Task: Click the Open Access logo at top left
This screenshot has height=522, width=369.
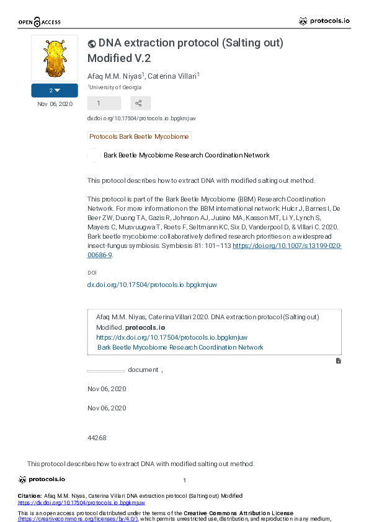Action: pyautogui.click(x=39, y=22)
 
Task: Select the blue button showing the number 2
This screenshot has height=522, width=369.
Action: pyautogui.click(x=55, y=91)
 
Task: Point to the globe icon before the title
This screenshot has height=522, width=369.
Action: pyautogui.click(x=92, y=43)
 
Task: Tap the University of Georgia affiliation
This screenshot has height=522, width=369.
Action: pyautogui.click(x=115, y=87)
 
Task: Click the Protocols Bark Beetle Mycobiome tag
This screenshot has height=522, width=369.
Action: pyautogui.click(x=139, y=136)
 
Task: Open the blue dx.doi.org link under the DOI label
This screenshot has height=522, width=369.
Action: pyautogui.click(x=152, y=285)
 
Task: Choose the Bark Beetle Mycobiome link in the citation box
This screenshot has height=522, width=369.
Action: pyautogui.click(x=180, y=347)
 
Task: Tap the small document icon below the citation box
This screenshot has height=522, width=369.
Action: pyautogui.click(x=338, y=360)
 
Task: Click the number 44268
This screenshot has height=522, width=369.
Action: pyautogui.click(x=97, y=438)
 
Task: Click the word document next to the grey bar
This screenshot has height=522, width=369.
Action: pyautogui.click(x=143, y=369)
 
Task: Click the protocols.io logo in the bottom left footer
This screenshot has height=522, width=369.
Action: pyautogui.click(x=42, y=479)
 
